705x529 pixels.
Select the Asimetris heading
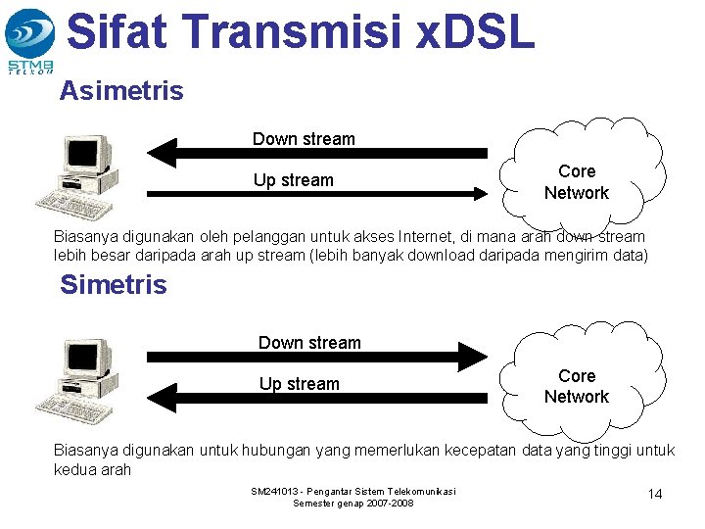point(120,91)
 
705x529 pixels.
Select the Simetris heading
point(113,285)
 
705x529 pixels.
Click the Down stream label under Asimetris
point(304,139)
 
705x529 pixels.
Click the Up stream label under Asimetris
point(293,180)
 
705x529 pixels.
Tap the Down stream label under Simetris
point(309,343)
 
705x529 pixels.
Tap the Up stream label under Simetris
point(299,384)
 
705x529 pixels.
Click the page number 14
point(655,494)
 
